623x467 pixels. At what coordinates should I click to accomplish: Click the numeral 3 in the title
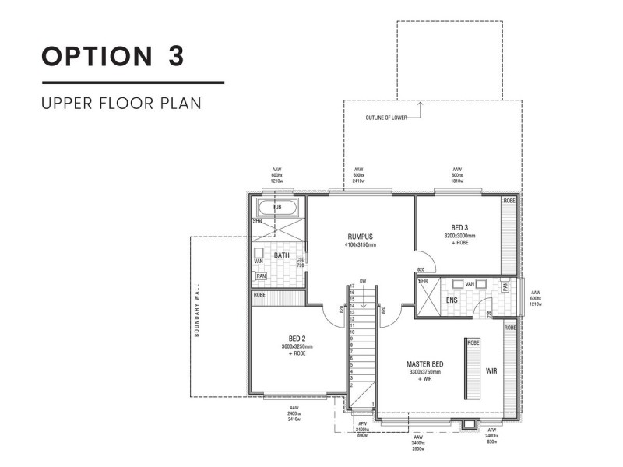176,56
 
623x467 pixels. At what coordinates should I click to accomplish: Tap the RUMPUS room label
361,237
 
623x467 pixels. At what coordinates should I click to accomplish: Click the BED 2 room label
296,339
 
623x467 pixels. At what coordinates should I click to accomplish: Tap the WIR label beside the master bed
491,370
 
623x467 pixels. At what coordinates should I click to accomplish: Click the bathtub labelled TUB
277,208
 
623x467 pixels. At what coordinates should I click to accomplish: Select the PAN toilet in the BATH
260,276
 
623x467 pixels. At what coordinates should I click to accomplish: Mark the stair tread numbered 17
352,286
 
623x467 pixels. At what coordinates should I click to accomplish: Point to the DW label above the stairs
362,280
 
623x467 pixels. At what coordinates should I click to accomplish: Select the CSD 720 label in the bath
300,262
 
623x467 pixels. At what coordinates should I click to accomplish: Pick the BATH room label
281,255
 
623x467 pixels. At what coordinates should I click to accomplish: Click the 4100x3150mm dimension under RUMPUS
361,245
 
